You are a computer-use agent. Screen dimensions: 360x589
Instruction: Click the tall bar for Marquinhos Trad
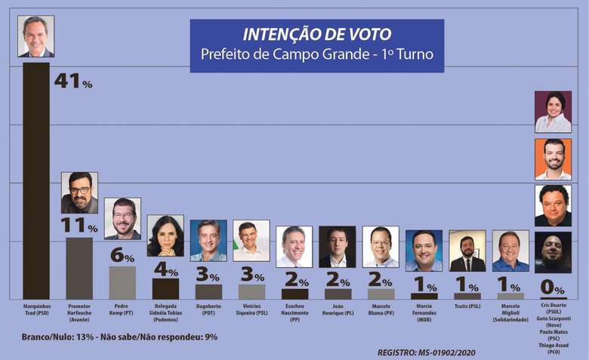coord(35,181)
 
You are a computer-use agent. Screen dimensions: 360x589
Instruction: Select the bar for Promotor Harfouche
coord(79,268)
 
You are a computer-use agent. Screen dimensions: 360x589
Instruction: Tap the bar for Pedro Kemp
coord(122,282)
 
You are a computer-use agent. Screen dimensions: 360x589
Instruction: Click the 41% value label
coord(72,81)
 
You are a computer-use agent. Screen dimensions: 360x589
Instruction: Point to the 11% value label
coord(79,226)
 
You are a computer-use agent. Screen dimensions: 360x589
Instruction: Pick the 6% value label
coord(122,255)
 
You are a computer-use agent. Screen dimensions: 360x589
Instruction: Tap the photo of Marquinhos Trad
coord(35,36)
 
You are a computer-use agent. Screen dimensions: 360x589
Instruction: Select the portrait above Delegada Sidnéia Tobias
coord(165,235)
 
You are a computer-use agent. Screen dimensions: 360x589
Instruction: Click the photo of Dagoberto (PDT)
coord(208,240)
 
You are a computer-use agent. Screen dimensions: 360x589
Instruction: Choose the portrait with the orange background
coord(553,158)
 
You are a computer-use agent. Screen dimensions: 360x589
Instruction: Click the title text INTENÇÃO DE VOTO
coord(316,35)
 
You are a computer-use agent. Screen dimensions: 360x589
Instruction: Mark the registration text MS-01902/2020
coord(427,352)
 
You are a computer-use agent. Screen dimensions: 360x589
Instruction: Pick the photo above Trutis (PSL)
coord(467,251)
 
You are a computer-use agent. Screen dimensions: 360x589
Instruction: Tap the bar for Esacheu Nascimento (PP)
coord(294,294)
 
